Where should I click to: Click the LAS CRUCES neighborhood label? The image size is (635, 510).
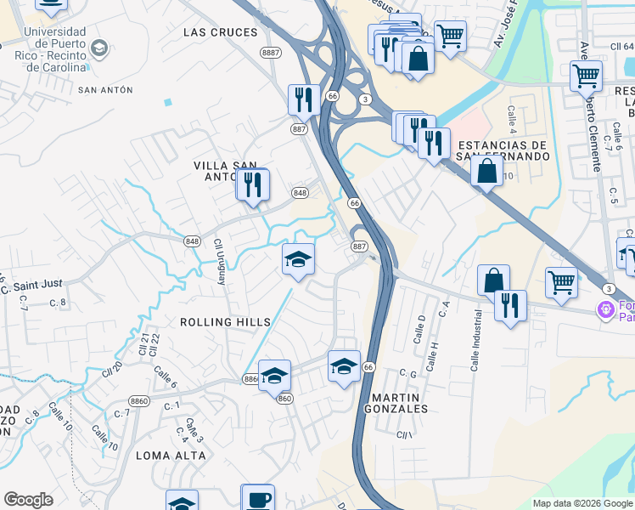pos(220,32)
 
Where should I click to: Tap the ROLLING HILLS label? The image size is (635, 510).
pos(225,322)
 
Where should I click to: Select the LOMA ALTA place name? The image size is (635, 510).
pos(171,456)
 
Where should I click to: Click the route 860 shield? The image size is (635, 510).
pos(284,398)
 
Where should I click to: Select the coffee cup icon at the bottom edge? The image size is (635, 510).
pos(257,498)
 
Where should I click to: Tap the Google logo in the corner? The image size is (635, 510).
pos(28,500)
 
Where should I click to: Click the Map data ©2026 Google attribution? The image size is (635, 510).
pos(582,503)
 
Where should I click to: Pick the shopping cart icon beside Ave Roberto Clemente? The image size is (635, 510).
pos(586,76)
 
